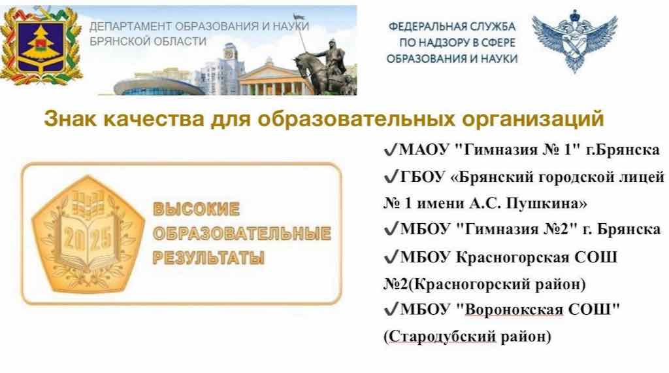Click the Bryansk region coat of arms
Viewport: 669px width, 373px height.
pos(41,44)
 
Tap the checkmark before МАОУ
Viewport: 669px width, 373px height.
pos(390,150)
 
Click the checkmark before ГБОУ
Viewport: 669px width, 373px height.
pos(390,177)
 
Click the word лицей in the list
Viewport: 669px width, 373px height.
pos(644,177)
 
